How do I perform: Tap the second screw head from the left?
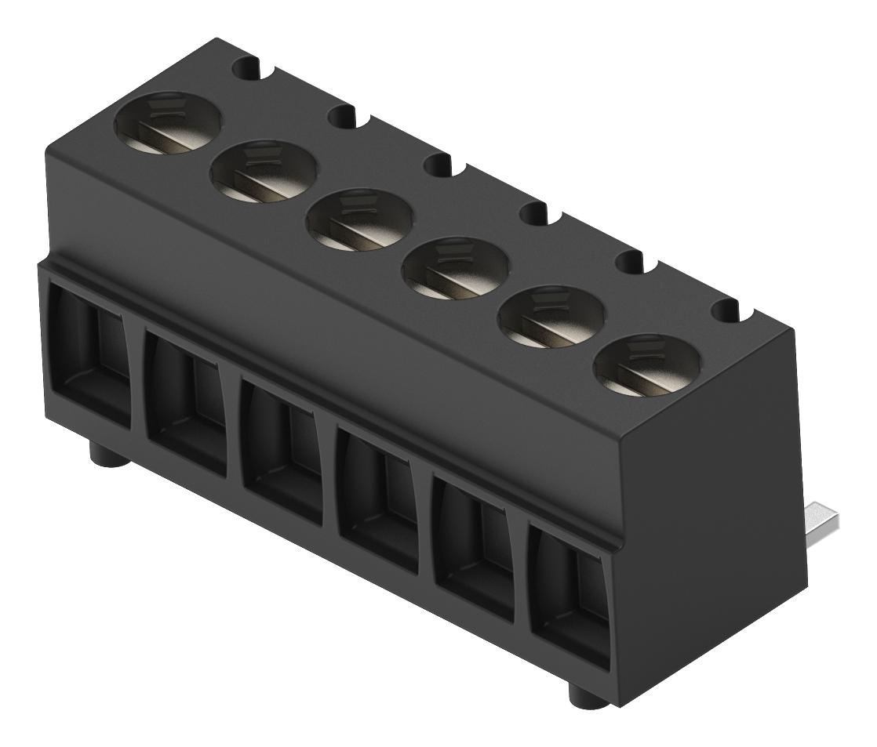tap(264, 170)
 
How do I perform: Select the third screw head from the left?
tap(360, 218)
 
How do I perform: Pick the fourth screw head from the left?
tap(456, 267)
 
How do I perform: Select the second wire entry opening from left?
tap(187, 403)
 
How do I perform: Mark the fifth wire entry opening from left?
tap(474, 549)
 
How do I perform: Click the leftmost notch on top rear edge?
tap(249, 69)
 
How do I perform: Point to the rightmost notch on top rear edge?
tap(728, 310)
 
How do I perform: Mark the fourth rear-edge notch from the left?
tap(538, 214)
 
